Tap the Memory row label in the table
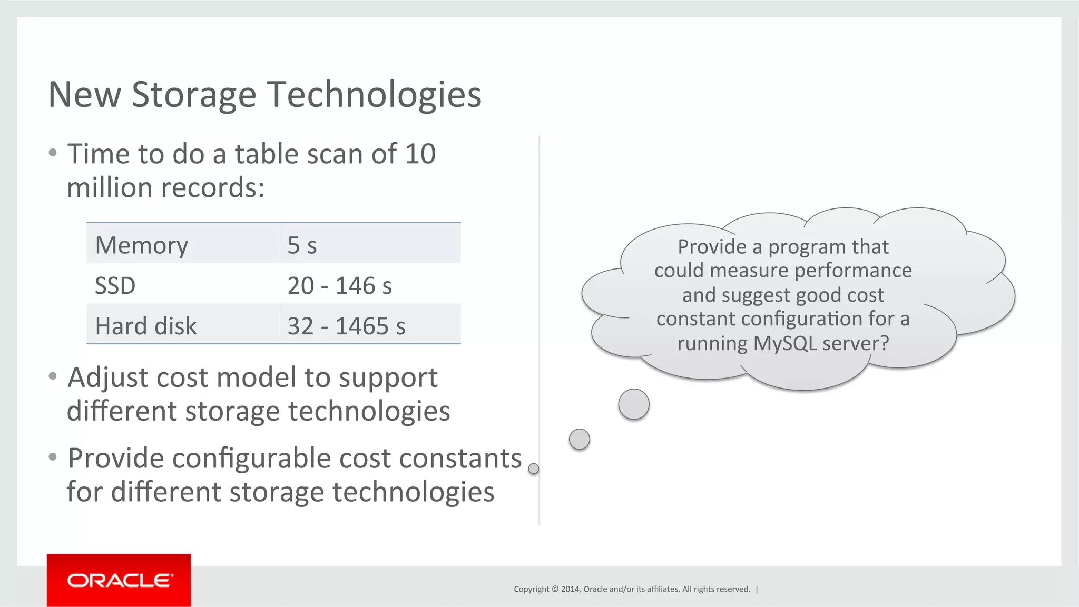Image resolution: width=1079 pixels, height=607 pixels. [141, 245]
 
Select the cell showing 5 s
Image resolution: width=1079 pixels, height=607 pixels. [302, 245]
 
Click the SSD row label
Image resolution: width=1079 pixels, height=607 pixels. [115, 286]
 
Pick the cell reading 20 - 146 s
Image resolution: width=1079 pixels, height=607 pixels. [339, 286]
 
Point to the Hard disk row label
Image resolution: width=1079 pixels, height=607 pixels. [145, 326]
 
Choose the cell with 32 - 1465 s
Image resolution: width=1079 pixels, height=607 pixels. [346, 326]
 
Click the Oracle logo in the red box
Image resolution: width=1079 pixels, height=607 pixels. [119, 580]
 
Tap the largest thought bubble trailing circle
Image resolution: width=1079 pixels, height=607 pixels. [633, 404]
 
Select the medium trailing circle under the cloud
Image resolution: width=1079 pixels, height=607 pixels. [579, 439]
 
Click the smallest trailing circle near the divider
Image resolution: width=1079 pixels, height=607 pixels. [533, 469]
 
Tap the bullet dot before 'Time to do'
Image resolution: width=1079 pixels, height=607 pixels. [52, 153]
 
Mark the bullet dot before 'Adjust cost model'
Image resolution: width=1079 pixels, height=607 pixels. [52, 376]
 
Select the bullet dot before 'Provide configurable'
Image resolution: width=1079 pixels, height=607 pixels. [52, 457]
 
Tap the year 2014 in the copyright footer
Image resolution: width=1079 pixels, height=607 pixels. [570, 589]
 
